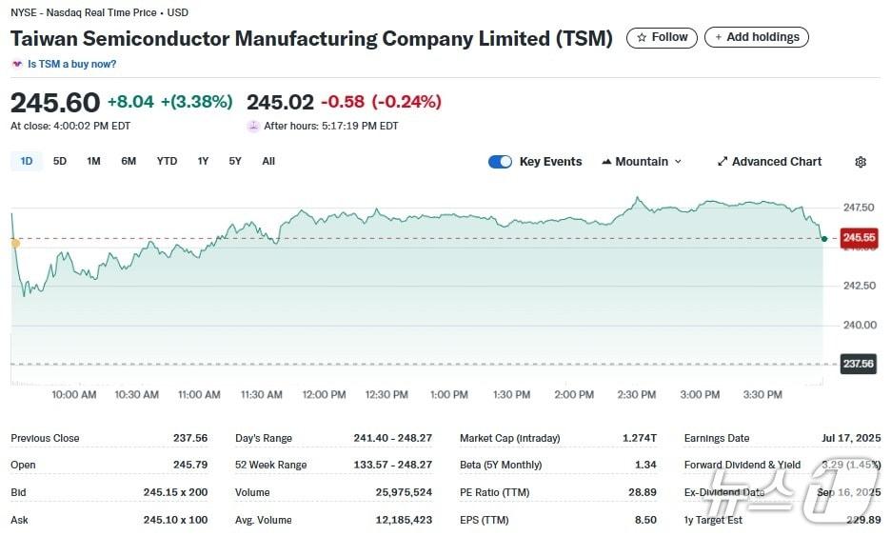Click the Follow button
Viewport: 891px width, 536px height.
pyautogui.click(x=662, y=38)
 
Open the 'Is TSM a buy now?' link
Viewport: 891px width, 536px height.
pyautogui.click(x=71, y=64)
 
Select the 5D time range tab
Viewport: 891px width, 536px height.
pyautogui.click(x=60, y=161)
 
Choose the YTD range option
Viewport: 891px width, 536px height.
pyautogui.click(x=167, y=161)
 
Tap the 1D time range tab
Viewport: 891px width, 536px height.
pyautogui.click(x=27, y=161)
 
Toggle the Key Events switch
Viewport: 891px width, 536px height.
pyautogui.click(x=500, y=162)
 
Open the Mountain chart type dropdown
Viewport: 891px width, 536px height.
pyautogui.click(x=642, y=162)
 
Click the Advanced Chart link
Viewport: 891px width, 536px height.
pyautogui.click(x=769, y=162)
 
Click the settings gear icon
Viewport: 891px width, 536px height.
pyautogui.click(x=861, y=162)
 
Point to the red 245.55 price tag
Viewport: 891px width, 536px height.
pyautogui.click(x=858, y=238)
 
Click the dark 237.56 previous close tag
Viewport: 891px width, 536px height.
pyautogui.click(x=858, y=364)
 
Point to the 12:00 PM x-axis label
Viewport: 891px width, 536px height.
pyautogui.click(x=324, y=394)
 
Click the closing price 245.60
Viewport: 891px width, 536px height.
pyautogui.click(x=54, y=102)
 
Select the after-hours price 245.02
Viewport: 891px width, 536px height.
pyautogui.click(x=280, y=102)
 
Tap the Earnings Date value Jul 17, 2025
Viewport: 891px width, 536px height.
pyautogui.click(x=851, y=438)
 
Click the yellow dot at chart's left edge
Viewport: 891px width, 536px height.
pyautogui.click(x=14, y=244)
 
